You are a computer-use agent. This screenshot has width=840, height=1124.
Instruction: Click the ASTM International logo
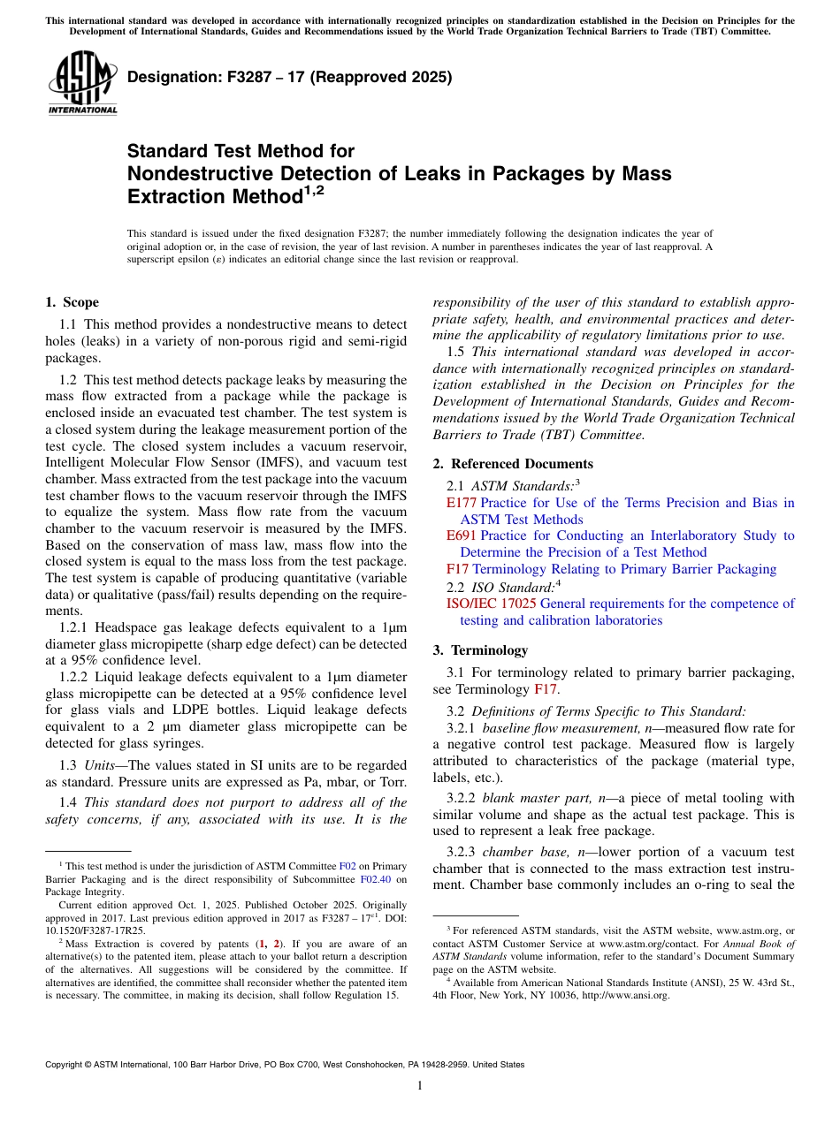[81, 83]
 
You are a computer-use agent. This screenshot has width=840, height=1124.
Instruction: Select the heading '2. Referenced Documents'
[513, 464]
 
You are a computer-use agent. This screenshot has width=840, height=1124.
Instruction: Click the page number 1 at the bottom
[420, 1086]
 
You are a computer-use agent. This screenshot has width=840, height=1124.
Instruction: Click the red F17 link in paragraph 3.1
[546, 689]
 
